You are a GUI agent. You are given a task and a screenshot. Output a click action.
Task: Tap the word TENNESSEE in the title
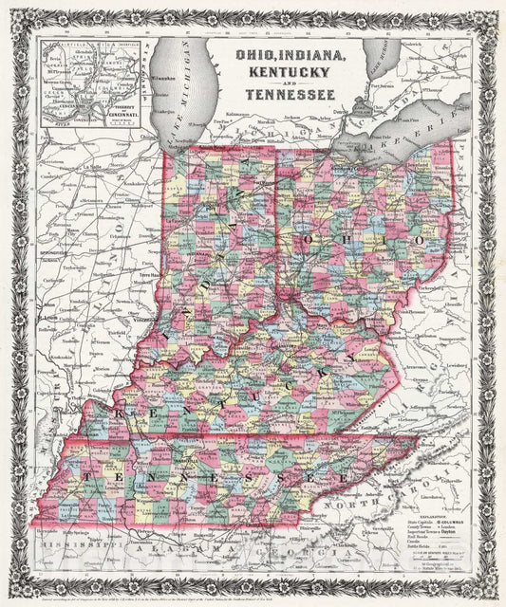click(285, 94)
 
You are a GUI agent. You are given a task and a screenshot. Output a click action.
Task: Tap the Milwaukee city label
click(167, 72)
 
